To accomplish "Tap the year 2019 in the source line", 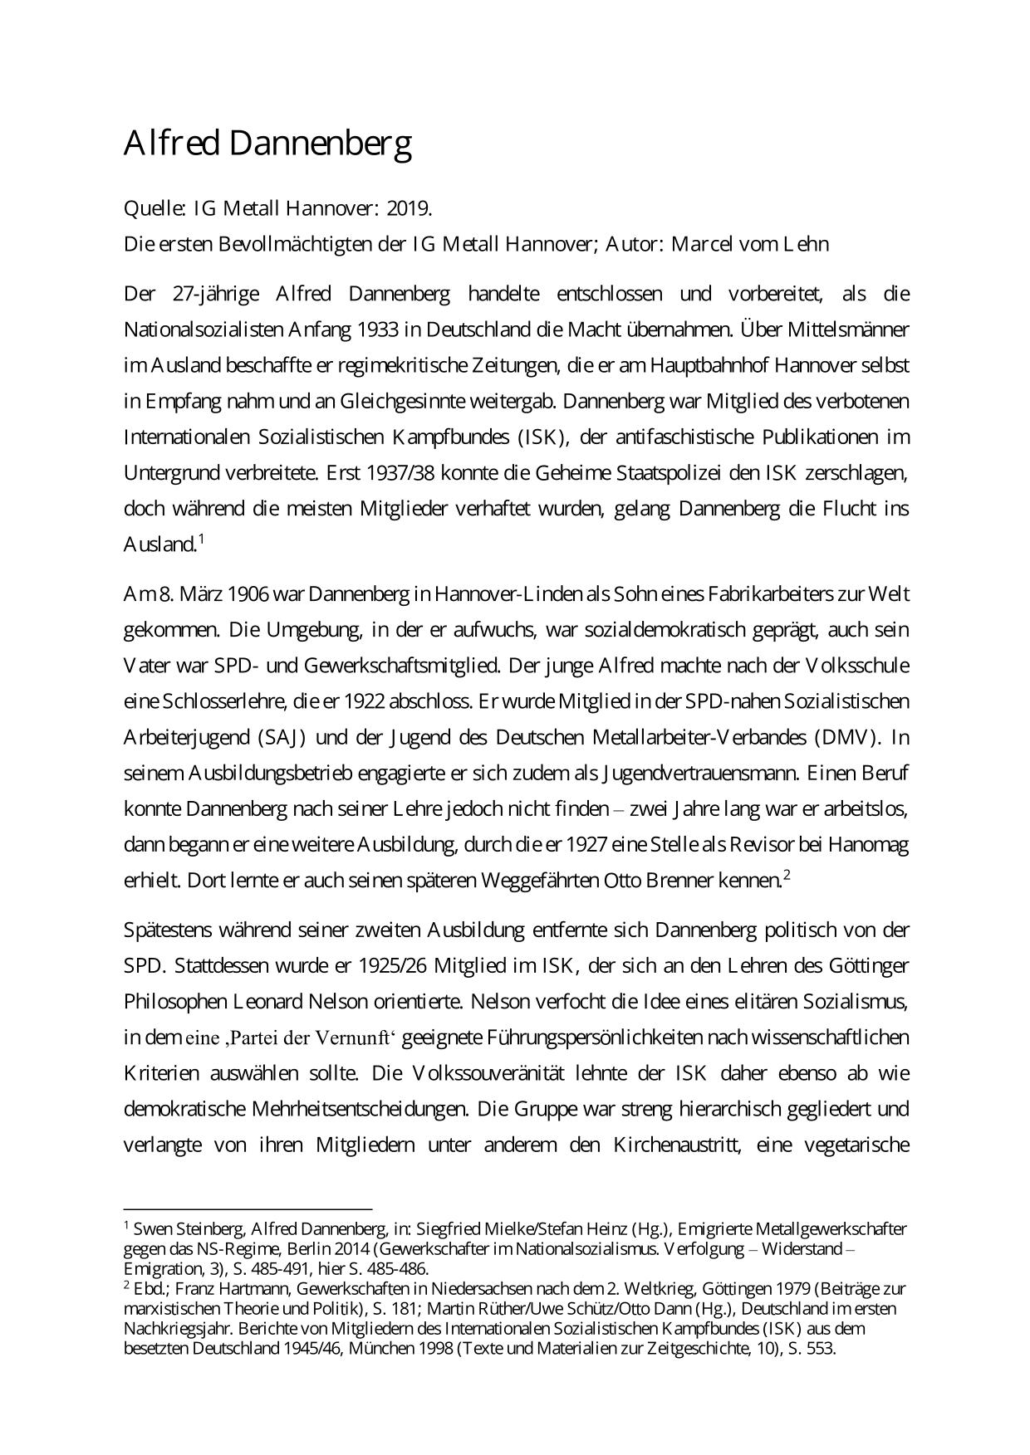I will coord(414,208).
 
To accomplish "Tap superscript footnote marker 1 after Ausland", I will coord(201,539).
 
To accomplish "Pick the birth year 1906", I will coord(248,594).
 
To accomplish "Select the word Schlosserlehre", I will coord(219,701).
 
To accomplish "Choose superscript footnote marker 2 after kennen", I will coord(786,874).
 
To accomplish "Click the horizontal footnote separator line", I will coord(248,1210).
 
